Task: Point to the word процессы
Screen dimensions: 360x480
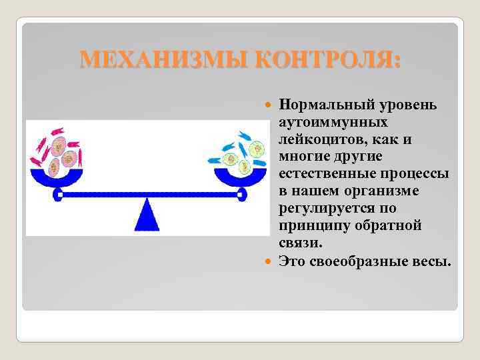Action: tap(417, 174)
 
